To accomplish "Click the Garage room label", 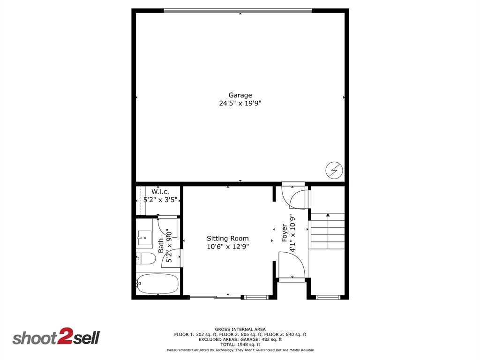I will tap(240, 95).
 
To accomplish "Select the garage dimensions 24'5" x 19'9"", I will tap(240, 104).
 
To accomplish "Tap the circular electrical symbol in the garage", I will tap(335, 170).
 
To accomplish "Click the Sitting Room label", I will tap(228, 239).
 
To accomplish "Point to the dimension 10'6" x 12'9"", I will tap(228, 247).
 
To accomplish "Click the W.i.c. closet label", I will tap(160, 192).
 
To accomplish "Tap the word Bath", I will tap(161, 246).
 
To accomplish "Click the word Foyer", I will tap(285, 233).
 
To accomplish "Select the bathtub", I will tap(157, 284).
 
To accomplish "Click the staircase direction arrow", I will tap(328, 215).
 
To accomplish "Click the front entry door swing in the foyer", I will tap(292, 264).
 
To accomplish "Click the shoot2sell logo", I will tap(56, 338).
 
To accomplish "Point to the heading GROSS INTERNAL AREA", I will tap(240, 330).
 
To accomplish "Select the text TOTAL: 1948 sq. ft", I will tap(240, 345).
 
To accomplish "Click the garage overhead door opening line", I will tap(238, 10).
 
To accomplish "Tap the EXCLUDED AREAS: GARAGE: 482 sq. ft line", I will tap(240, 339).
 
